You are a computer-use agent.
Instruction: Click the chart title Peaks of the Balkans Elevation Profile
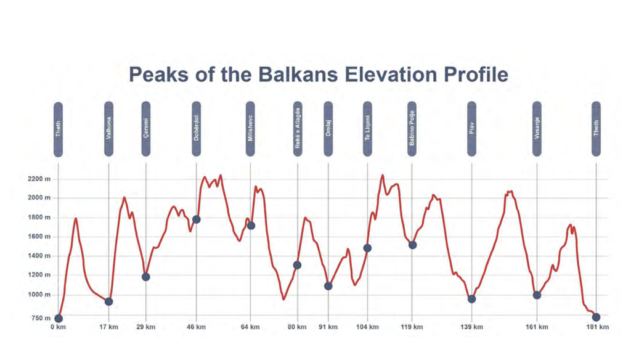(319, 75)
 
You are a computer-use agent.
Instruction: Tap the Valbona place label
(109, 129)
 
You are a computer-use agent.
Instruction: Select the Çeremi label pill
(146, 129)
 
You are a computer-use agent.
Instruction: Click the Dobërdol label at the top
(197, 129)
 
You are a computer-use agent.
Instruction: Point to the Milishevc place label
(250, 129)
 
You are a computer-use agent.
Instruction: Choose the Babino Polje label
(412, 129)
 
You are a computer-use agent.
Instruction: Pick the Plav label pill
(472, 129)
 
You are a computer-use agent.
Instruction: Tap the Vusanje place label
(537, 129)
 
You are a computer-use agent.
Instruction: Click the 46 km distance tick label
(196, 327)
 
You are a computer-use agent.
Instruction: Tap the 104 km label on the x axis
(367, 327)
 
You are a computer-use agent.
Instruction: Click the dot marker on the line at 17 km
(109, 301)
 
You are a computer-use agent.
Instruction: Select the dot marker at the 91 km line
(328, 286)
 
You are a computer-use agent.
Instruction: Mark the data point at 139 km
(472, 299)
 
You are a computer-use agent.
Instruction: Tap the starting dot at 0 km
(59, 319)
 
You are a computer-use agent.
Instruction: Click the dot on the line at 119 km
(412, 245)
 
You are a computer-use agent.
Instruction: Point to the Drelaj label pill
(328, 129)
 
